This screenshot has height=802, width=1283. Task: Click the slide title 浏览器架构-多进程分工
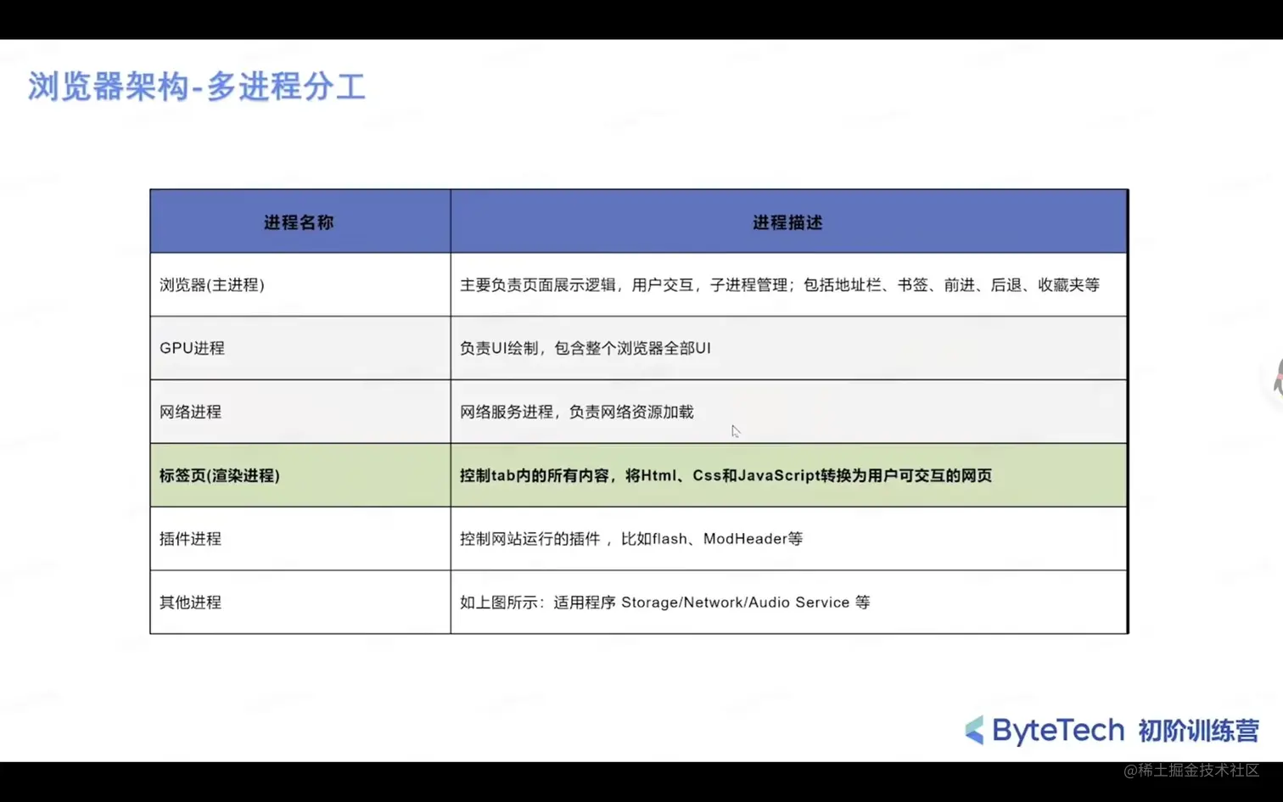pos(197,87)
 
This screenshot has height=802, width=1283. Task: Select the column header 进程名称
pos(299,222)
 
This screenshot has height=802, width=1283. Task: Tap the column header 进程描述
pos(787,222)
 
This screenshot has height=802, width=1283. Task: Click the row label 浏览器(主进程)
pos(212,284)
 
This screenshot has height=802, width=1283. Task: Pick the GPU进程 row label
pos(192,348)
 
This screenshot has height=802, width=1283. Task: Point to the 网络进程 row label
pos(190,412)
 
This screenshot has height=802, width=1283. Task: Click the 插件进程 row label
pos(190,538)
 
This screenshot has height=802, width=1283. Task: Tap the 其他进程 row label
pos(190,602)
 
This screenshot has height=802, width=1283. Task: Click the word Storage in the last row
pos(649,603)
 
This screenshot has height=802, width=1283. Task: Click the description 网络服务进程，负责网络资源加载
pos(577,412)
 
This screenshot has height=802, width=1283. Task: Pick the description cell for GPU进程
pos(788,348)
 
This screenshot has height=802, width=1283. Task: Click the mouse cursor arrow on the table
pos(736,431)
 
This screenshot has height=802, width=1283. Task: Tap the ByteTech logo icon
pos(975,730)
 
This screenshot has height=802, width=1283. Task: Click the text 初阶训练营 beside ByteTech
pos(1198,731)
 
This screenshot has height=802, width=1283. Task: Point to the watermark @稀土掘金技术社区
pos(1191,771)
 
